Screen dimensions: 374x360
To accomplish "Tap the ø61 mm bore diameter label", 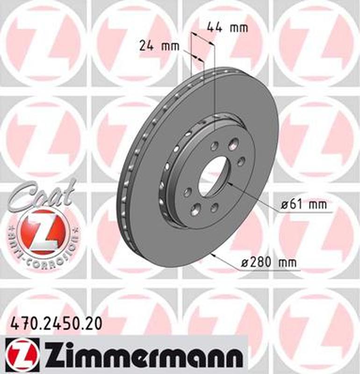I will point(303,204).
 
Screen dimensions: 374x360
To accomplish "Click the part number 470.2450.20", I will point(55,323).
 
